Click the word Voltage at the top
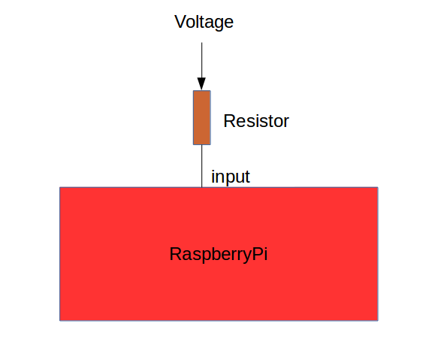pyautogui.click(x=204, y=23)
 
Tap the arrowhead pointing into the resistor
pyautogui.click(x=201, y=83)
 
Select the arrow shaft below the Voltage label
pyautogui.click(x=201, y=60)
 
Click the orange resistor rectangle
pyautogui.click(x=201, y=117)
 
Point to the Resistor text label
pyautogui.click(x=256, y=121)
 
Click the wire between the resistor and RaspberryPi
pyautogui.click(x=201, y=165)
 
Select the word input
pyautogui.click(x=231, y=177)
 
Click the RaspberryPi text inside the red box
pyautogui.click(x=219, y=254)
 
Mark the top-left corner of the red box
pyautogui.click(x=60, y=187)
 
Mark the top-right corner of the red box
pyautogui.click(x=377, y=187)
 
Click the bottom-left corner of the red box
pyautogui.click(x=60, y=320)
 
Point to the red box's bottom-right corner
pyautogui.click(x=377, y=320)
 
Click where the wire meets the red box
pyautogui.click(x=201, y=187)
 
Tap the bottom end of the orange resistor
pyautogui.click(x=201, y=144)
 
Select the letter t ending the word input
pyautogui.click(x=247, y=177)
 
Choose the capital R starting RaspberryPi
pyautogui.click(x=175, y=254)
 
